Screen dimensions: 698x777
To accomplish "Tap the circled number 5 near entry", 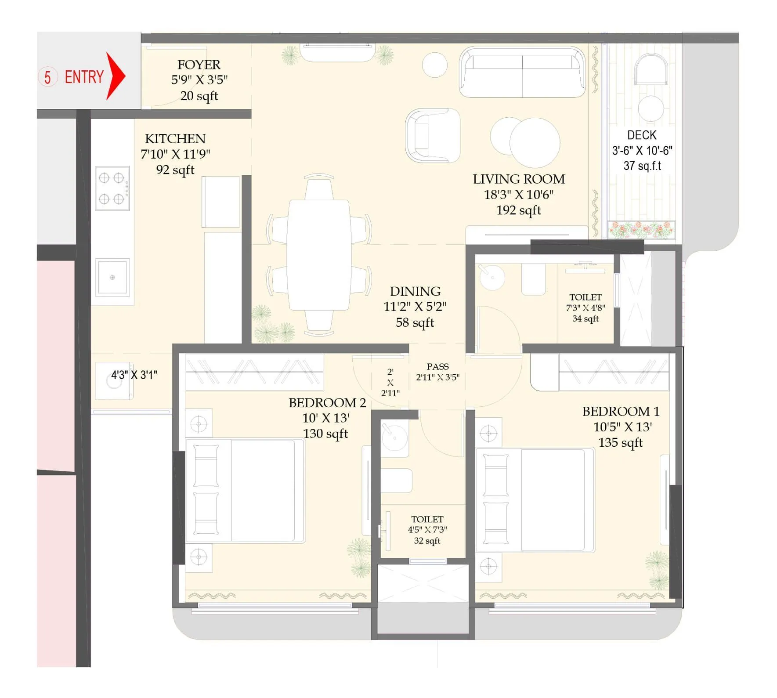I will (47, 77).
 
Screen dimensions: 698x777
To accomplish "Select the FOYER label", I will (199, 65).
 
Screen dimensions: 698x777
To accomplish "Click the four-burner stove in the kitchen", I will (112, 188).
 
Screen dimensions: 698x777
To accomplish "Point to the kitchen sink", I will (112, 277).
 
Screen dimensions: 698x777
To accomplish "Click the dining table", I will (319, 255).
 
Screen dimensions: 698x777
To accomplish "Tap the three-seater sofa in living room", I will (522, 72).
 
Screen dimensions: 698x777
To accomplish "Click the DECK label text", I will (642, 135).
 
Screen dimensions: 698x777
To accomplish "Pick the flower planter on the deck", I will (641, 230).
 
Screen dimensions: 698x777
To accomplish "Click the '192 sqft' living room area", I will (518, 210).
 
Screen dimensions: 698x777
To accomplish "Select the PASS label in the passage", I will (437, 366).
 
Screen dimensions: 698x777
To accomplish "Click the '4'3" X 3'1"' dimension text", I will (134, 375).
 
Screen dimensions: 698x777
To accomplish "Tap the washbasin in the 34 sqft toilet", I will (492, 277).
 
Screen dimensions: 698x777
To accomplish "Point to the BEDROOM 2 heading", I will (327, 403).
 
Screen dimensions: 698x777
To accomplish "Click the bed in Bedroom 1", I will (535, 500).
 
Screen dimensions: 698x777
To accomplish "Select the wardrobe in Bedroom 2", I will (254, 372).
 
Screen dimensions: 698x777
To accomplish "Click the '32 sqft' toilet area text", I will (427, 541).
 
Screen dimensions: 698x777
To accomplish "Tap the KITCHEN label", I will (175, 139).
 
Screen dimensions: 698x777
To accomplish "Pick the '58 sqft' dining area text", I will (415, 323).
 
